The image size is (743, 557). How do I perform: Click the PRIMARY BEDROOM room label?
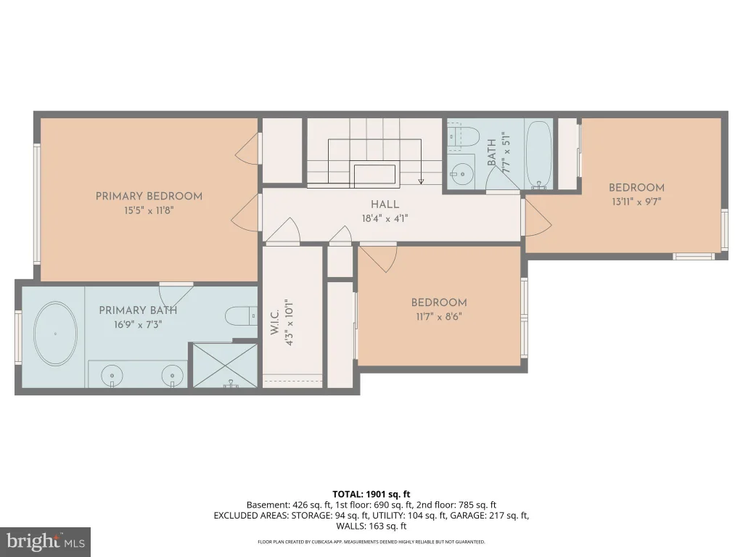pyautogui.click(x=149, y=196)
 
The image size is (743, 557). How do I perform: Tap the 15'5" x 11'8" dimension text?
pyautogui.click(x=149, y=210)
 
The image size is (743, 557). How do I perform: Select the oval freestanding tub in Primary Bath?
pyautogui.click(x=55, y=334)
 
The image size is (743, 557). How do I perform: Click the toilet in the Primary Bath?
pyautogui.click(x=241, y=316)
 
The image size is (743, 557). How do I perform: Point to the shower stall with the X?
pyautogui.click(x=225, y=366)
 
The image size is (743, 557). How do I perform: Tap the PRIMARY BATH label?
pyautogui.click(x=138, y=310)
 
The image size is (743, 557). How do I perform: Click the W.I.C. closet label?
pyautogui.click(x=274, y=323)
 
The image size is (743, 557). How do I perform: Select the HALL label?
pyautogui.click(x=385, y=205)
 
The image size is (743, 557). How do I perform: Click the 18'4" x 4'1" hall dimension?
pyautogui.click(x=385, y=218)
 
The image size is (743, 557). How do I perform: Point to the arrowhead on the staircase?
pyautogui.click(x=421, y=181)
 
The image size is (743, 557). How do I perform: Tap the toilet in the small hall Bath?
pyautogui.click(x=463, y=135)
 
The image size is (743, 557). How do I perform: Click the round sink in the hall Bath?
pyautogui.click(x=461, y=174)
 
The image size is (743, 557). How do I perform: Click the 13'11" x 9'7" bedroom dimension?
pyautogui.click(x=636, y=202)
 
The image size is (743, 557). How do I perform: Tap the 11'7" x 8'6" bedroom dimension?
pyautogui.click(x=439, y=316)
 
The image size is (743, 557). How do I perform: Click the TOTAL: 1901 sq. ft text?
pyautogui.click(x=371, y=495)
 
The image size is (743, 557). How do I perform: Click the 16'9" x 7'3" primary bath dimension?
pyautogui.click(x=138, y=325)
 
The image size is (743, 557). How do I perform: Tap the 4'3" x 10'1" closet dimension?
pyautogui.click(x=290, y=322)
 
